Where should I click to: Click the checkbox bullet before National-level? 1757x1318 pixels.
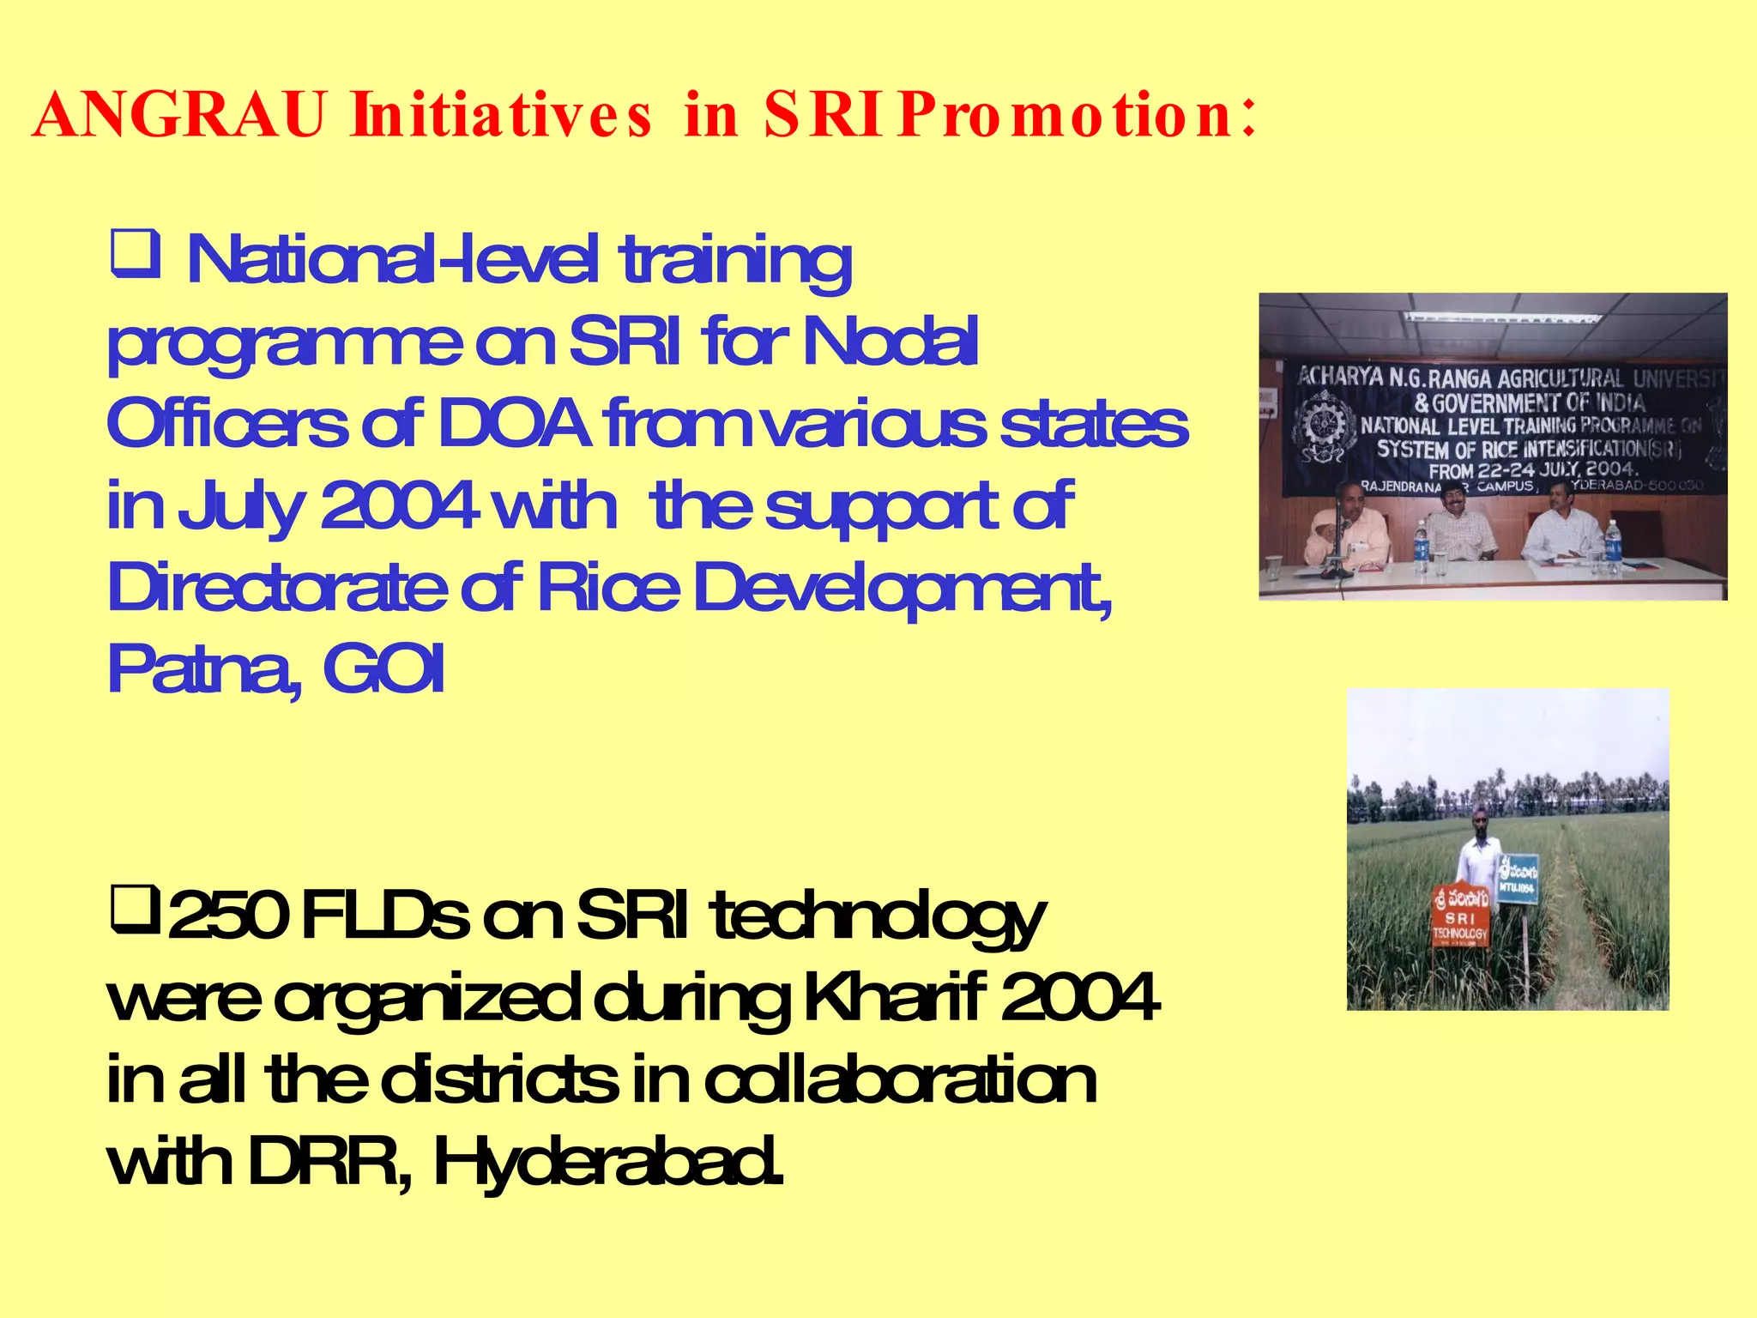point(135,255)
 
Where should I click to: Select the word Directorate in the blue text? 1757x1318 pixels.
point(276,589)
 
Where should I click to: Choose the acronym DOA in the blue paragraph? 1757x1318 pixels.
point(514,423)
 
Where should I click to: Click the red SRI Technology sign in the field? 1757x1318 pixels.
point(1460,916)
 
